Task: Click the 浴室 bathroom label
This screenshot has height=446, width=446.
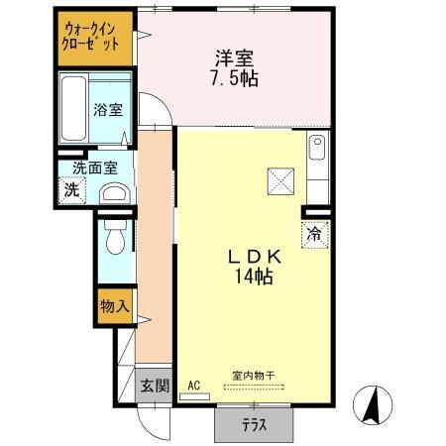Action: pos(109,110)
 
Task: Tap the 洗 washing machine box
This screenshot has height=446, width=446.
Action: pos(72,189)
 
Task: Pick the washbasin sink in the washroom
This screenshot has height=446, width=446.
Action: pos(115,193)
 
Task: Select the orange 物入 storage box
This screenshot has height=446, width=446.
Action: pos(114,307)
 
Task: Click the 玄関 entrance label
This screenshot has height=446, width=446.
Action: pos(154,386)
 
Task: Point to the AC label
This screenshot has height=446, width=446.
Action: pos(193,386)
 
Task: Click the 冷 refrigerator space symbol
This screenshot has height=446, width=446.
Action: pos(314,236)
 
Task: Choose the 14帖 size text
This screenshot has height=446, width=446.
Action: pos(256,278)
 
